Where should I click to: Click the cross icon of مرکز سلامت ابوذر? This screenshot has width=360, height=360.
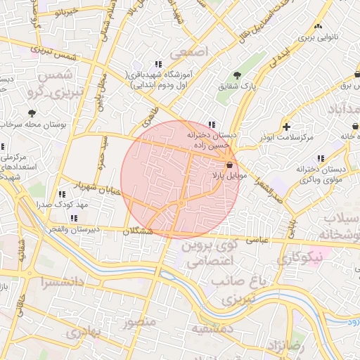point(285,127)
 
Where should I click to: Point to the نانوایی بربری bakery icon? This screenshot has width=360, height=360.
point(318,26)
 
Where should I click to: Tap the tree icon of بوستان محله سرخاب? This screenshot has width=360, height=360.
point(32,112)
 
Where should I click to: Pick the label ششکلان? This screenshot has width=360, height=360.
point(138,231)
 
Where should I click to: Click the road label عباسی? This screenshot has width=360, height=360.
point(255,239)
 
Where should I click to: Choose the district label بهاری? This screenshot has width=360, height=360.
point(86,330)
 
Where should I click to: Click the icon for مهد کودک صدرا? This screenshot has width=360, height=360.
point(62,193)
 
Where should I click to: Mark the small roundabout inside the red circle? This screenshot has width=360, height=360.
point(181,204)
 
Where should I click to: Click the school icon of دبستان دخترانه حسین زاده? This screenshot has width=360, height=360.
point(212,124)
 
